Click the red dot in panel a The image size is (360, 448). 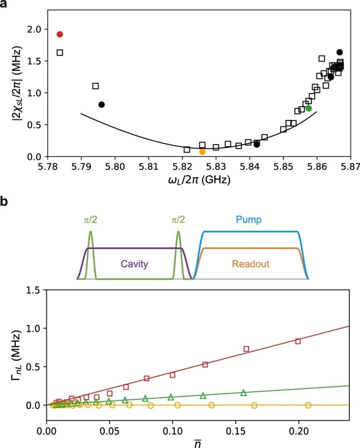point(60,34)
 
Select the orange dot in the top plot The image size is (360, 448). point(202,152)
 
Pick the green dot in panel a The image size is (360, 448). point(309,108)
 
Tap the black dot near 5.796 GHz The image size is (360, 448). point(101,105)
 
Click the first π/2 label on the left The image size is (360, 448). point(91,218)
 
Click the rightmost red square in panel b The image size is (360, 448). point(298,341)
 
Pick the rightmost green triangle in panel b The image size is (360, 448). point(244,393)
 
